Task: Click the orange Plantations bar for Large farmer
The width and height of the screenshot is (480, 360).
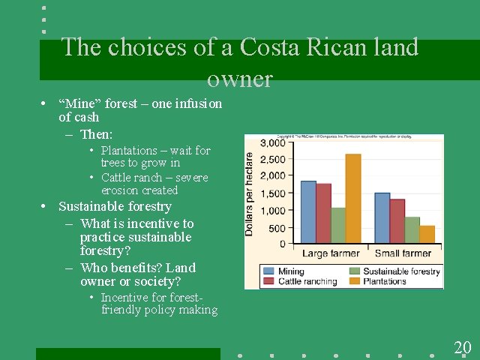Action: tap(353, 199)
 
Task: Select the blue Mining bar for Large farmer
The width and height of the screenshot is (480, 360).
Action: tap(308, 212)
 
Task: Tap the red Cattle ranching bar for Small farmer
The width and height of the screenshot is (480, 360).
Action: tap(397, 221)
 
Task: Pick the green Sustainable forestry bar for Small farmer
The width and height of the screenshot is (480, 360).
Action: tap(412, 230)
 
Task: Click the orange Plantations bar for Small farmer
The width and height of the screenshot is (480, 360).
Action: tap(427, 235)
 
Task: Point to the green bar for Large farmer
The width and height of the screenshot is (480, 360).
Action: tap(338, 226)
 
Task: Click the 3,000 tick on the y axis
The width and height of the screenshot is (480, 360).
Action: tap(271, 142)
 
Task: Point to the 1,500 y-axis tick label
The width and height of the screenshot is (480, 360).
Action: tap(271, 193)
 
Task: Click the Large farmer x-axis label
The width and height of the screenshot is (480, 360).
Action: tap(331, 253)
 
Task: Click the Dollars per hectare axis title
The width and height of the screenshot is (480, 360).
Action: tap(250, 193)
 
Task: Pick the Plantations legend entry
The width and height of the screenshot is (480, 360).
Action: tap(384, 281)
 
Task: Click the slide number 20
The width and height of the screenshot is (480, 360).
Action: tap(462, 347)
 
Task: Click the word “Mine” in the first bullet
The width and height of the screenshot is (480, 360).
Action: tap(77, 103)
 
